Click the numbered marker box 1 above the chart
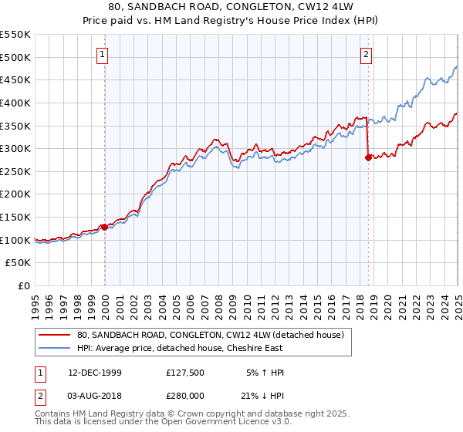(103, 54)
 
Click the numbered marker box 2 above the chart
(366, 54)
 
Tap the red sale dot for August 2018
(368, 157)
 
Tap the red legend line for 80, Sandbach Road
(54, 334)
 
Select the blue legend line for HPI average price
(54, 348)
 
